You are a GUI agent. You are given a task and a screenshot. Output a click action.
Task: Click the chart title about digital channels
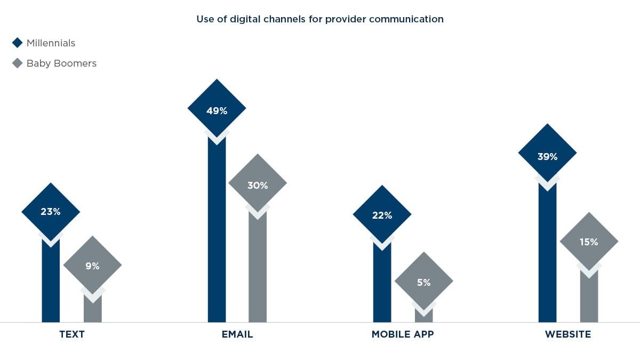pyautogui.click(x=320, y=19)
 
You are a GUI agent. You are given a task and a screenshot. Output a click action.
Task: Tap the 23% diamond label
pyautogui.click(x=51, y=212)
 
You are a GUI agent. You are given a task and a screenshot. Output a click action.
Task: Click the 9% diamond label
pyautogui.click(x=92, y=266)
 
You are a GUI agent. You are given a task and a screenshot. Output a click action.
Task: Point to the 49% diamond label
pyautogui.click(x=217, y=111)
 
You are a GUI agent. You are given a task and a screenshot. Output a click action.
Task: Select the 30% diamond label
pyautogui.click(x=258, y=186)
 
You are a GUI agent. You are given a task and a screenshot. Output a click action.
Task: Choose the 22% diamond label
pyautogui.click(x=382, y=215)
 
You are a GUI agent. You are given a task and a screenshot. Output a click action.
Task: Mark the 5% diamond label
pyautogui.click(x=423, y=282)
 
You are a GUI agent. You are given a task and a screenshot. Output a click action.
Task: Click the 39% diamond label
pyautogui.click(x=547, y=157)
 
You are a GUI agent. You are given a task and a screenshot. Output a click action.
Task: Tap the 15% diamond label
pyautogui.click(x=589, y=242)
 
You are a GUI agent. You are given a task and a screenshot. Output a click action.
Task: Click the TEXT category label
pyautogui.click(x=71, y=335)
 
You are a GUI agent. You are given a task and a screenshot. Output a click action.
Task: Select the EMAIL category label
pyautogui.click(x=237, y=335)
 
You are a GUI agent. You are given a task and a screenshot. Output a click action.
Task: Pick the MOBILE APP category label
pyautogui.click(x=403, y=335)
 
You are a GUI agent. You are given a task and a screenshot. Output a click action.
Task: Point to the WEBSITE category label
pyautogui.click(x=568, y=335)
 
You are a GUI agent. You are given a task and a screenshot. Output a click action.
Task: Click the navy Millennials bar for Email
pyautogui.click(x=217, y=235)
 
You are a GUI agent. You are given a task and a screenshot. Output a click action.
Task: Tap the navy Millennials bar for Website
pyautogui.click(x=547, y=256)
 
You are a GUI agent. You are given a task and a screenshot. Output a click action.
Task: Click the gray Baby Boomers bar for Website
pyautogui.click(x=589, y=299)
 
